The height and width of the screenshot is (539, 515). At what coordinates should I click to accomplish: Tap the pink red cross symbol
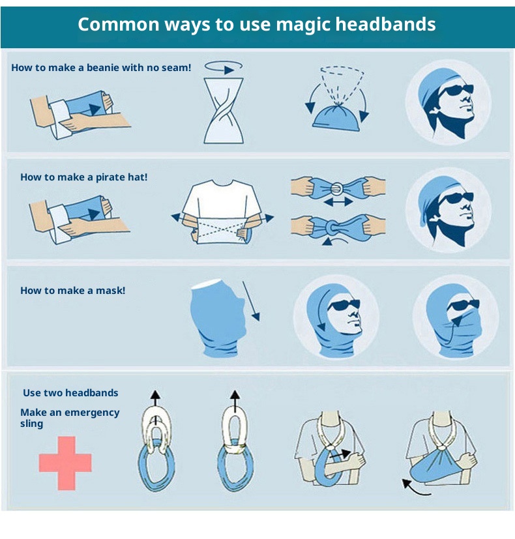pyautogui.click(x=65, y=463)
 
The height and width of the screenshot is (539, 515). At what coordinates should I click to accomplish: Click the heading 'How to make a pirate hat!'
pyautogui.click(x=84, y=177)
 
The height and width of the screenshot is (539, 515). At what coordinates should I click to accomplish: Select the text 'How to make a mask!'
pyautogui.click(x=73, y=291)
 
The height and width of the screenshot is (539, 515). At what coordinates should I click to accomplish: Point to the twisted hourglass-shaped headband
pyautogui.click(x=224, y=111)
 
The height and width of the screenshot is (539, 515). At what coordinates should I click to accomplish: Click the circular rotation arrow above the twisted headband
pyautogui.click(x=224, y=67)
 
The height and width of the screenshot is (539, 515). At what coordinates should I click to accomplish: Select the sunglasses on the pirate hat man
pyautogui.click(x=456, y=198)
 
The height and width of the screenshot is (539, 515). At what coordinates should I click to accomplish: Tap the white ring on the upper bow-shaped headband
pyautogui.click(x=337, y=188)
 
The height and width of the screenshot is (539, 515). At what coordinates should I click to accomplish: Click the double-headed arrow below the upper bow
pyautogui.click(x=338, y=201)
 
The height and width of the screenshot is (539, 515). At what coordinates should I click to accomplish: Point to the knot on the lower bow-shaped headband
pyautogui.click(x=332, y=227)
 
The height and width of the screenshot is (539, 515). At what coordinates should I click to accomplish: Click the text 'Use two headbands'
pyautogui.click(x=70, y=392)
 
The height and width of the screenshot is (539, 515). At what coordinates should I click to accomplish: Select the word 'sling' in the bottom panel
pyautogui.click(x=32, y=424)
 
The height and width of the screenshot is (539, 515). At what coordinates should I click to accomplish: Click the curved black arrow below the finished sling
pyautogui.click(x=415, y=488)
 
